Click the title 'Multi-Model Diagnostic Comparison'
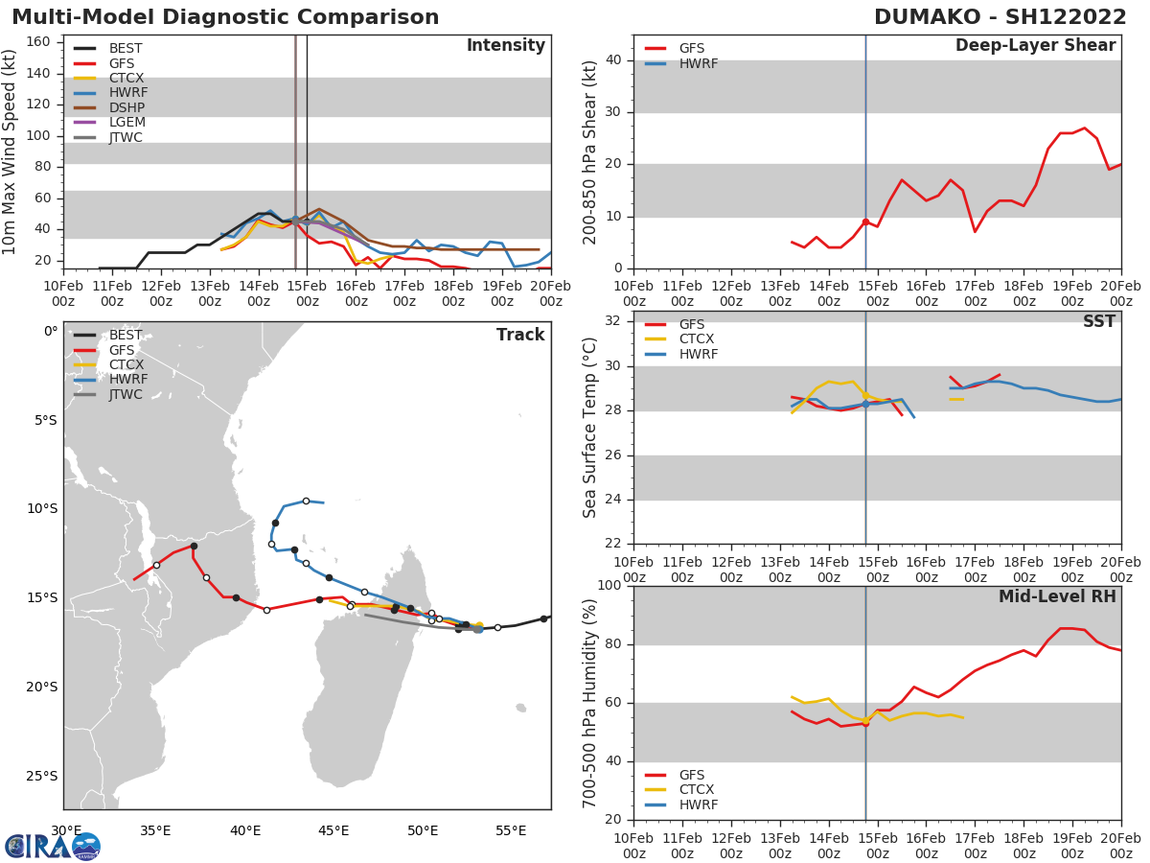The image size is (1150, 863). [x=225, y=17]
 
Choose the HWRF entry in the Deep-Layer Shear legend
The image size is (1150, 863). [x=698, y=63]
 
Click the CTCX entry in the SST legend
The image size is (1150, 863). [x=698, y=339]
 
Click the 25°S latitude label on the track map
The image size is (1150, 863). [x=41, y=776]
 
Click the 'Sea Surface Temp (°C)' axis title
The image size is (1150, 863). [x=591, y=428]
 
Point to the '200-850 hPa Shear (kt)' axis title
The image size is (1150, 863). [x=591, y=152]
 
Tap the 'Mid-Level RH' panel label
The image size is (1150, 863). [x=1057, y=596]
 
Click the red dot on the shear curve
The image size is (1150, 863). [x=865, y=222]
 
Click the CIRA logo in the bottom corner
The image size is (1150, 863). [x=53, y=846]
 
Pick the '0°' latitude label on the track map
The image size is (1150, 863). [x=51, y=332]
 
